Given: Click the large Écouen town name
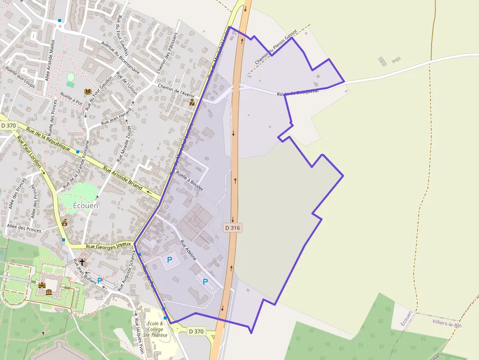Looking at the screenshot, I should click(x=86, y=206).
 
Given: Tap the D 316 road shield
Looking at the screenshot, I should click(x=233, y=228).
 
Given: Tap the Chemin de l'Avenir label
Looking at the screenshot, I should click(x=176, y=90).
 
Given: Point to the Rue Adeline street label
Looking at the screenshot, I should click(x=188, y=250).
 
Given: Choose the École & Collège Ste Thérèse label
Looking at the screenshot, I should click(x=155, y=329).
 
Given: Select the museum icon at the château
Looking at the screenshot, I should click(x=49, y=292).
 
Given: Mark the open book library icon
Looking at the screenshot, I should click(x=87, y=91).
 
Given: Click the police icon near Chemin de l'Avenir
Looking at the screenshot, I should click(x=192, y=102).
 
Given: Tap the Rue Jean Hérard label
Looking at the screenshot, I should click(x=116, y=118).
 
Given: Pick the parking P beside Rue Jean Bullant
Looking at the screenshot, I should click(x=100, y=280).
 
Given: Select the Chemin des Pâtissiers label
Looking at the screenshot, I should click(x=166, y=53).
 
